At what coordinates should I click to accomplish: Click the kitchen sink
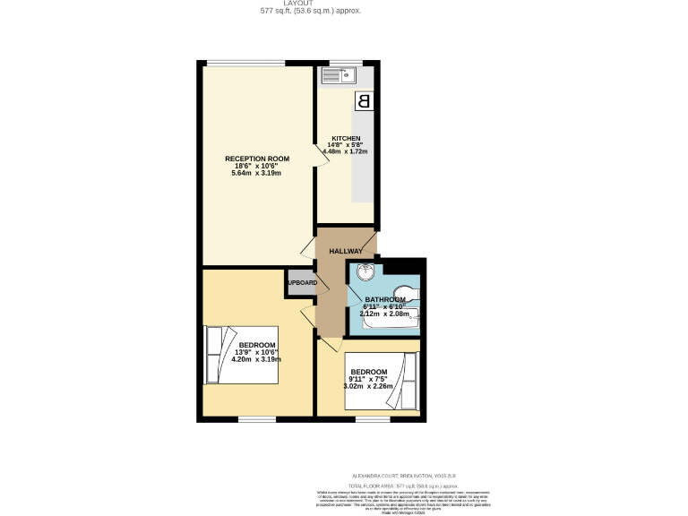[340, 76]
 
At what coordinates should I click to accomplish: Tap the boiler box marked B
[364, 101]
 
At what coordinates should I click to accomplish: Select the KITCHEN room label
[345, 138]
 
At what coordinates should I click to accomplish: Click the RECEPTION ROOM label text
[257, 159]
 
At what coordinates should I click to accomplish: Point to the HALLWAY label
[345, 251]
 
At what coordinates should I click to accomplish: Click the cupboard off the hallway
[301, 282]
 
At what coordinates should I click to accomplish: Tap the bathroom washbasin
[364, 273]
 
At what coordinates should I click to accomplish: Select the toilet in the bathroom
[406, 293]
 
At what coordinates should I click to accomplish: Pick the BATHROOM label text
[385, 300]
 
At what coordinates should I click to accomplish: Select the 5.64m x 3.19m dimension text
[257, 173]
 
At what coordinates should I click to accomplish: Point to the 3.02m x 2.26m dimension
[369, 386]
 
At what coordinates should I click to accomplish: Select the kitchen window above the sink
[344, 62]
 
